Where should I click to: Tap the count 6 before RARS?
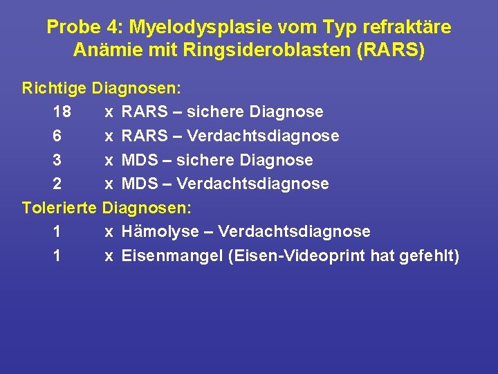click(56, 136)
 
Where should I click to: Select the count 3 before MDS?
click(56, 160)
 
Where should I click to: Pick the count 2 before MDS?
click(56, 184)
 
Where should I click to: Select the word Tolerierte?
click(60, 207)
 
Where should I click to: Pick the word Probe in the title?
click(71, 28)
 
